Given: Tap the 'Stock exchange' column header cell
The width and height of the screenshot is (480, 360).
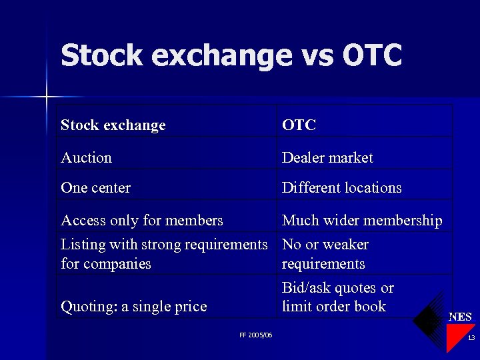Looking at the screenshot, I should pos(113,125).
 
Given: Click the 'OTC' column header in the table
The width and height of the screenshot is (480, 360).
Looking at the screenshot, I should pos(299,125).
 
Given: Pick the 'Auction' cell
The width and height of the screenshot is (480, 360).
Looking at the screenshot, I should pos(87,158).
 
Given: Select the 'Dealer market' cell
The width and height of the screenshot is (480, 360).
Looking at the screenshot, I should pos(327,158).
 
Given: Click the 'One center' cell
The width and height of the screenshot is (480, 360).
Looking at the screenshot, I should pos(95,188).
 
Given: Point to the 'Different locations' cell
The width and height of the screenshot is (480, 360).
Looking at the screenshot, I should pos(341,188).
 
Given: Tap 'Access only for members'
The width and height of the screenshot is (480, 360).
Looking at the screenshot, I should pos(142,221).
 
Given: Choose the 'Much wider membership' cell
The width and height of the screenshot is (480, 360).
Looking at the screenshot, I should pos(362,221).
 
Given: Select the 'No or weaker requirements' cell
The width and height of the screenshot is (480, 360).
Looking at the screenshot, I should pos(325,254).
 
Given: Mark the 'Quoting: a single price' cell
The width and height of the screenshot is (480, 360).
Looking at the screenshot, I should pos(134,307).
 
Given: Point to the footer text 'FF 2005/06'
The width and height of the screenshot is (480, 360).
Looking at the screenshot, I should pos(255,335).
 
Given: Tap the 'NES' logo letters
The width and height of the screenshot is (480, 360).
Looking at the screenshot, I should pos(460,317).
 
